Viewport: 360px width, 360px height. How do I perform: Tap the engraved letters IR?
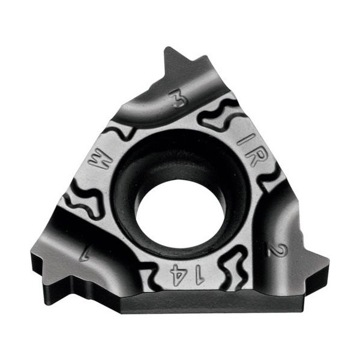click(248, 148)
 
